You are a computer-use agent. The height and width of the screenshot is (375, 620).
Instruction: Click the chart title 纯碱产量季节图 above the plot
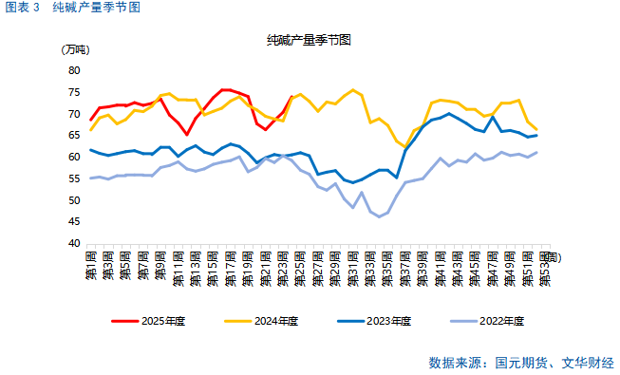(x=310, y=40)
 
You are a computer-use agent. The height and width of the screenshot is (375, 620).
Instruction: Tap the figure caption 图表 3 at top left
(x=23, y=8)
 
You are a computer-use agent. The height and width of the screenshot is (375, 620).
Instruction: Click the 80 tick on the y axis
(x=74, y=70)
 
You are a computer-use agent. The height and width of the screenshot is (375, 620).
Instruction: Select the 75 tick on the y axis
(x=74, y=92)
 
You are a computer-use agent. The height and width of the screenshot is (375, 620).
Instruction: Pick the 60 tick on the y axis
(x=74, y=157)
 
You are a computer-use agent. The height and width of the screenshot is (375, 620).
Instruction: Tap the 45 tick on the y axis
(x=74, y=222)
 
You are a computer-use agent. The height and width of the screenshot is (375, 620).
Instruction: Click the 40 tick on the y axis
(x=74, y=244)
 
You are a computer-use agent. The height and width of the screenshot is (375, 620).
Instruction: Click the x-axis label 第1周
(x=91, y=266)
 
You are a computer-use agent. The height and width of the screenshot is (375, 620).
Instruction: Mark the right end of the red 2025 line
(x=291, y=97)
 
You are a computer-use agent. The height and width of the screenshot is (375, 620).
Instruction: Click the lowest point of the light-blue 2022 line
(x=379, y=216)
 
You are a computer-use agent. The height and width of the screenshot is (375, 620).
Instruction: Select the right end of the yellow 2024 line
(x=536, y=129)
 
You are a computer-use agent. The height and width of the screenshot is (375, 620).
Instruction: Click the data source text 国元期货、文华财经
(x=554, y=363)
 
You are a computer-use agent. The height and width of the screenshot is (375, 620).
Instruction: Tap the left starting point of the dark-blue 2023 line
(x=91, y=150)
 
